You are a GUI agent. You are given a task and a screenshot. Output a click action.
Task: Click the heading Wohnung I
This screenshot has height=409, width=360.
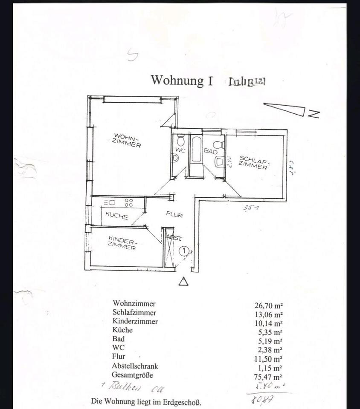[182, 80]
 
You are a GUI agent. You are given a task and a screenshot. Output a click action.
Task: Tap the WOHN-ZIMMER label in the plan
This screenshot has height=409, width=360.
[127, 141]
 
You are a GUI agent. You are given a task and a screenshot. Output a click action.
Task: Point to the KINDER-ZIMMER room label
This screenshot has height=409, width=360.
[122, 243]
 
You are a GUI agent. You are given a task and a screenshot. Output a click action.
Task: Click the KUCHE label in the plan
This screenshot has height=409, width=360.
[116, 216]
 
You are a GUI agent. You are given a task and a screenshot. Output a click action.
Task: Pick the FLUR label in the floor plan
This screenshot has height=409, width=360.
[174, 215]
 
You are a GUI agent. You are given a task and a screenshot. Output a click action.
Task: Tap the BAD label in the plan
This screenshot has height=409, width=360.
[211, 151]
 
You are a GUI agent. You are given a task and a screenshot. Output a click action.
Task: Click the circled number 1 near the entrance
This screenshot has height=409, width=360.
[184, 251]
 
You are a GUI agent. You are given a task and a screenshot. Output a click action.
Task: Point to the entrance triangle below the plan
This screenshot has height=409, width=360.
[183, 282]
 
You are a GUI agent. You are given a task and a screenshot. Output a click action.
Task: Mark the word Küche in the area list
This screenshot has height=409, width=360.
[123, 330]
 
